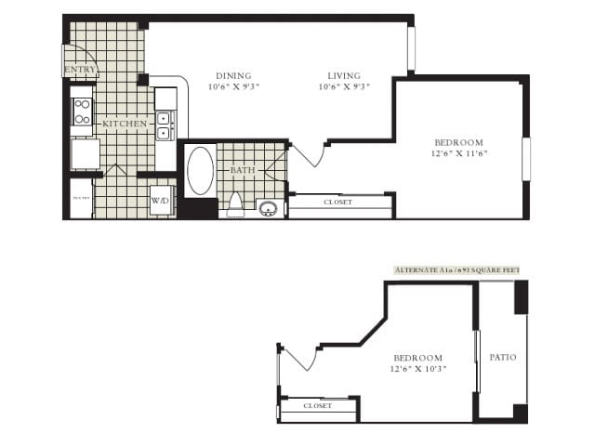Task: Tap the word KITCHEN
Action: (x=124, y=124)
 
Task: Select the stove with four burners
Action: (x=82, y=111)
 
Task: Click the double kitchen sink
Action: (x=165, y=125)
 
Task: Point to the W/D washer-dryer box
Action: (x=160, y=201)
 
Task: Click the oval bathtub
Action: (x=200, y=170)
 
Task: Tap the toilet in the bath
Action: (x=235, y=203)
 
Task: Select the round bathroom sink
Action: (x=269, y=208)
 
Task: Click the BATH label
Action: (x=242, y=171)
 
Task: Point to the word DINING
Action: (x=233, y=76)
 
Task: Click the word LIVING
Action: (x=344, y=76)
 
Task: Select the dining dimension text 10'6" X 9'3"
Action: (x=233, y=87)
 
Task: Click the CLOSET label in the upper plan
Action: (x=337, y=202)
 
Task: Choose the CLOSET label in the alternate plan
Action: (x=318, y=406)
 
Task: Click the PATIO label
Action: (x=503, y=357)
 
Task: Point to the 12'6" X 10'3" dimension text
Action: (x=419, y=369)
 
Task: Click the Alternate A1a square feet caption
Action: (x=456, y=269)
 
